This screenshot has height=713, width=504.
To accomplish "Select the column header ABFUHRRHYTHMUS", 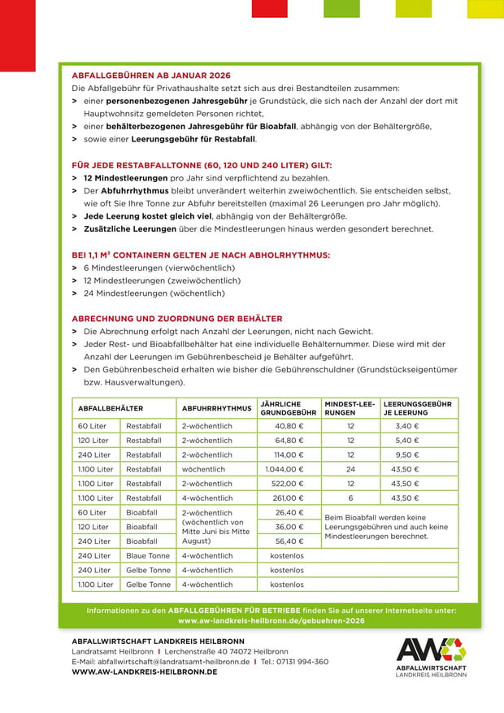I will pos(216,408).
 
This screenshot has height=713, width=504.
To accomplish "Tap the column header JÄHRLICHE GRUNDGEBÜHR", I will pos(288,408).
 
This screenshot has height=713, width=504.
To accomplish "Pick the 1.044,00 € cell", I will pos(285,469).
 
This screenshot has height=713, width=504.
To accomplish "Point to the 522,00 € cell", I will pos(287,484).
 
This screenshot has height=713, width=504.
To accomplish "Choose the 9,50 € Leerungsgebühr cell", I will pos(406,455).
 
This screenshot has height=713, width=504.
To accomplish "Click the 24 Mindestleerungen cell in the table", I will pos(350,469).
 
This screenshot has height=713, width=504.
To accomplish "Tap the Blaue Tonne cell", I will pos(148,555).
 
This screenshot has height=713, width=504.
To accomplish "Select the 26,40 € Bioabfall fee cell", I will pos(289,513).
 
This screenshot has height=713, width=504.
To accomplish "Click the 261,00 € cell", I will pos(287,498).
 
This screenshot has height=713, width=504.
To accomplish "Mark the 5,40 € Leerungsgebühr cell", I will pos(406,441).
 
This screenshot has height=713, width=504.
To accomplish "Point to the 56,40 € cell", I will pos(289,541).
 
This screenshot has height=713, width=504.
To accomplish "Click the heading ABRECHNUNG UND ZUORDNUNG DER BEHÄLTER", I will pos(177,319).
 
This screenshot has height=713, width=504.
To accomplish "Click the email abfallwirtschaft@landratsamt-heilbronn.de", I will pos(160,662).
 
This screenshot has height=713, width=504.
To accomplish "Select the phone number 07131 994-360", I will pos(303,662).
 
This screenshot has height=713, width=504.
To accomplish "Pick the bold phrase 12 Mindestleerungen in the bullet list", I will pos(123,178).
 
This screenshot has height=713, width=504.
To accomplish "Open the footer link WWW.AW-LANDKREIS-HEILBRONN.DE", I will pos(144,672).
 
